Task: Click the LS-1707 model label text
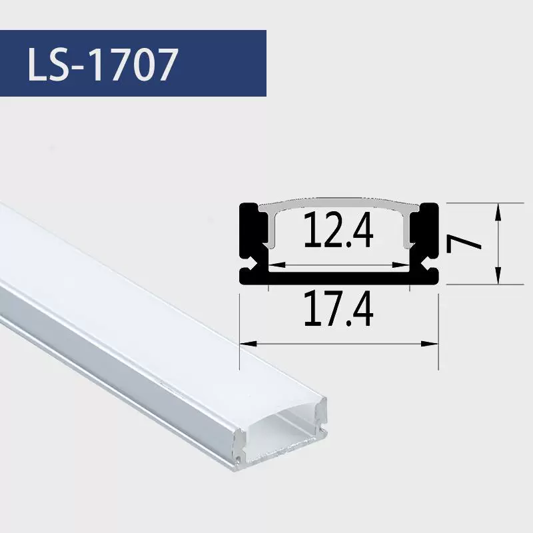click(103, 64)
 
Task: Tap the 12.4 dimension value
click(338, 230)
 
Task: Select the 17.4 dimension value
click(338, 309)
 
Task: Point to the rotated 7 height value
click(463, 244)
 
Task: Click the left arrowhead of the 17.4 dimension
click(248, 344)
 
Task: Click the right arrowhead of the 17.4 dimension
click(430, 344)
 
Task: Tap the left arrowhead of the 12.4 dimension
click(277, 265)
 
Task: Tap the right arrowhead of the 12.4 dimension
click(401, 265)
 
